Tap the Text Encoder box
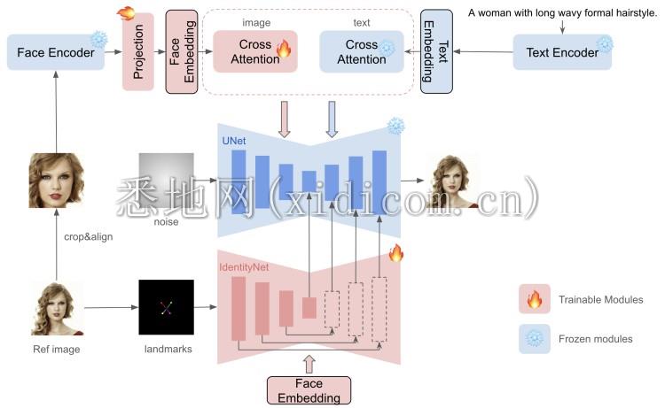562,52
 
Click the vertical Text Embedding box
436,53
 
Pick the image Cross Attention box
254,51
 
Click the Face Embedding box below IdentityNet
309,390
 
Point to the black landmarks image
166,307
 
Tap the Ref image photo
57,307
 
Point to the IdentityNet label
246,265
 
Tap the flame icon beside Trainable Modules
534,300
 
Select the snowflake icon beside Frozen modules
534,338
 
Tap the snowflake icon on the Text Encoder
606,42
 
